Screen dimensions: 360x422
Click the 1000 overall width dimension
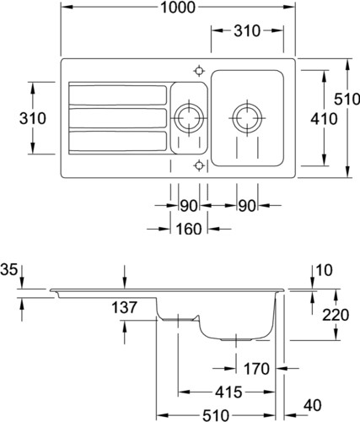178,8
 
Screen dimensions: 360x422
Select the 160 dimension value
189,229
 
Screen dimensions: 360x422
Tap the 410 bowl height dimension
324,119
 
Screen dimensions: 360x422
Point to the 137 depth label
124,307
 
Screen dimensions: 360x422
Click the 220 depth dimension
336,315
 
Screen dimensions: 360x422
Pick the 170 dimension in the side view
256,369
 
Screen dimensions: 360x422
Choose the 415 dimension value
228,392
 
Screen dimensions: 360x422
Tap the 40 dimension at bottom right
313,405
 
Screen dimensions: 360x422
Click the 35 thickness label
8,269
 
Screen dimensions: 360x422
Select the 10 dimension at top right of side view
324,270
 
